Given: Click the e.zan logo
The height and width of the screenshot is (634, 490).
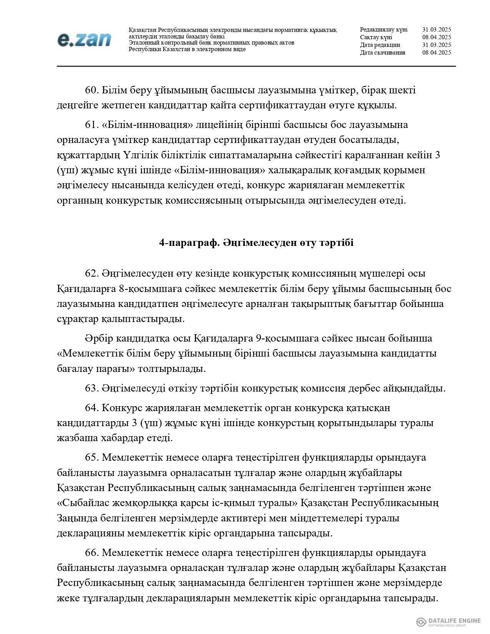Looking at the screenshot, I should (x=84, y=40).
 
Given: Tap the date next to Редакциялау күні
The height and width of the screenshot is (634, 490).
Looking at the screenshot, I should (x=436, y=30).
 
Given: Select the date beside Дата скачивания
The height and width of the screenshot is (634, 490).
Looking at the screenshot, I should (x=436, y=53).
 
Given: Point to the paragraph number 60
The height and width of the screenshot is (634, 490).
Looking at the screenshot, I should (x=92, y=90).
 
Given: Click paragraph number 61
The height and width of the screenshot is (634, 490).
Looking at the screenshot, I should (x=92, y=125).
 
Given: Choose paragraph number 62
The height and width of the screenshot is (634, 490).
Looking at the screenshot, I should (x=92, y=274).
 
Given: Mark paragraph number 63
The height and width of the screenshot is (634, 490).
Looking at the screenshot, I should (x=92, y=388).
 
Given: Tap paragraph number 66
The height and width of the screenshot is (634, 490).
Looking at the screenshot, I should (x=92, y=553).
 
